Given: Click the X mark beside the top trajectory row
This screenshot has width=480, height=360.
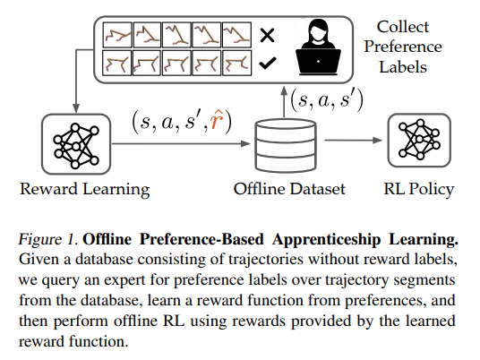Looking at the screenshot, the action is (267, 35).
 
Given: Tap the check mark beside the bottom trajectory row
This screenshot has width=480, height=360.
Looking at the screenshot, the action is (268, 63).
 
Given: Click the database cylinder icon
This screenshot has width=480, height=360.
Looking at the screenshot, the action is (286, 146).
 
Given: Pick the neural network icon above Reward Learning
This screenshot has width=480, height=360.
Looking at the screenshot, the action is (76, 144).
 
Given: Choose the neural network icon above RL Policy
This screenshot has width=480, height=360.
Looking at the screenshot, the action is (419, 141).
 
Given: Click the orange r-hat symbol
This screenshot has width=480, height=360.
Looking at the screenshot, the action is (218, 121).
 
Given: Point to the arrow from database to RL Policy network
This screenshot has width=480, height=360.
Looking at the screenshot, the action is (353, 141).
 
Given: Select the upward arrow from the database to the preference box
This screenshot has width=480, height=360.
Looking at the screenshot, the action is (284, 101).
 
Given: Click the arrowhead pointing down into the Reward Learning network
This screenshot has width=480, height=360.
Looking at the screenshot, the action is (76, 108).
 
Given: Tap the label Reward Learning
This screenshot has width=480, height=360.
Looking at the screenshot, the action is (85, 189).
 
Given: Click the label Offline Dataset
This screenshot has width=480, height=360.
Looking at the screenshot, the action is (289, 189).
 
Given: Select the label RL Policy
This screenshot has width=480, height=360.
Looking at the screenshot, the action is (419, 189).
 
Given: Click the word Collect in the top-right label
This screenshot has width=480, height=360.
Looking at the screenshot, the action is (403, 27).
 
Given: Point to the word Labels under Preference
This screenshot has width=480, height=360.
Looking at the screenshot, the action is (403, 67).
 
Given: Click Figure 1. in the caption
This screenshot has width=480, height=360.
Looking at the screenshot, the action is (48, 239).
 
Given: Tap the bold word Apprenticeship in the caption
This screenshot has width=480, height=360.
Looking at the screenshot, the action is (327, 240).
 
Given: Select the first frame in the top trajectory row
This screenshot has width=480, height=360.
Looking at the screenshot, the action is (117, 35).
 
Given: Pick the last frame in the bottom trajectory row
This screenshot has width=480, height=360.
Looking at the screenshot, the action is (237, 63).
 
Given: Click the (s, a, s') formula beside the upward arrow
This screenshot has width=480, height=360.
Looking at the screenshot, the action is (327, 99).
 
